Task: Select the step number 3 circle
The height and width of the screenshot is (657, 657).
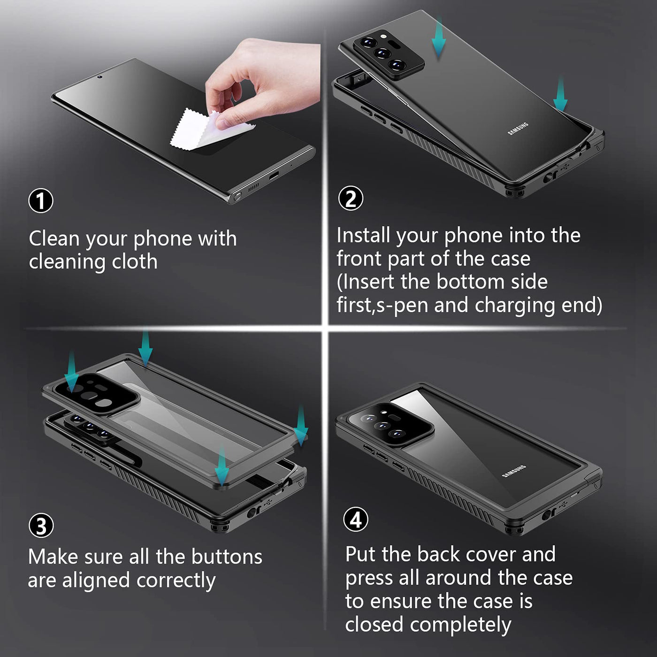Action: [41, 526]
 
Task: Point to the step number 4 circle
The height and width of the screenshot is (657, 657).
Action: [356, 519]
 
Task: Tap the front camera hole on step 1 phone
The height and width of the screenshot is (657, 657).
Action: [100, 77]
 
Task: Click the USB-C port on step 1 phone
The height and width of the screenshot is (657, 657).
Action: [274, 176]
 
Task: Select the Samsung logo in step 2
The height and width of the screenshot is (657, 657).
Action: [518, 128]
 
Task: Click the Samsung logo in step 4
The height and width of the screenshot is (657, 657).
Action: [514, 471]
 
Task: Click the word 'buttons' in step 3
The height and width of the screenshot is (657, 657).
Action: [227, 557]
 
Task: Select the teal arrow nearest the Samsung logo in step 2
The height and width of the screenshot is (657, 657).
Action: [560, 94]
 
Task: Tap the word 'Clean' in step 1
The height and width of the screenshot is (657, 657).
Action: [54, 238]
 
